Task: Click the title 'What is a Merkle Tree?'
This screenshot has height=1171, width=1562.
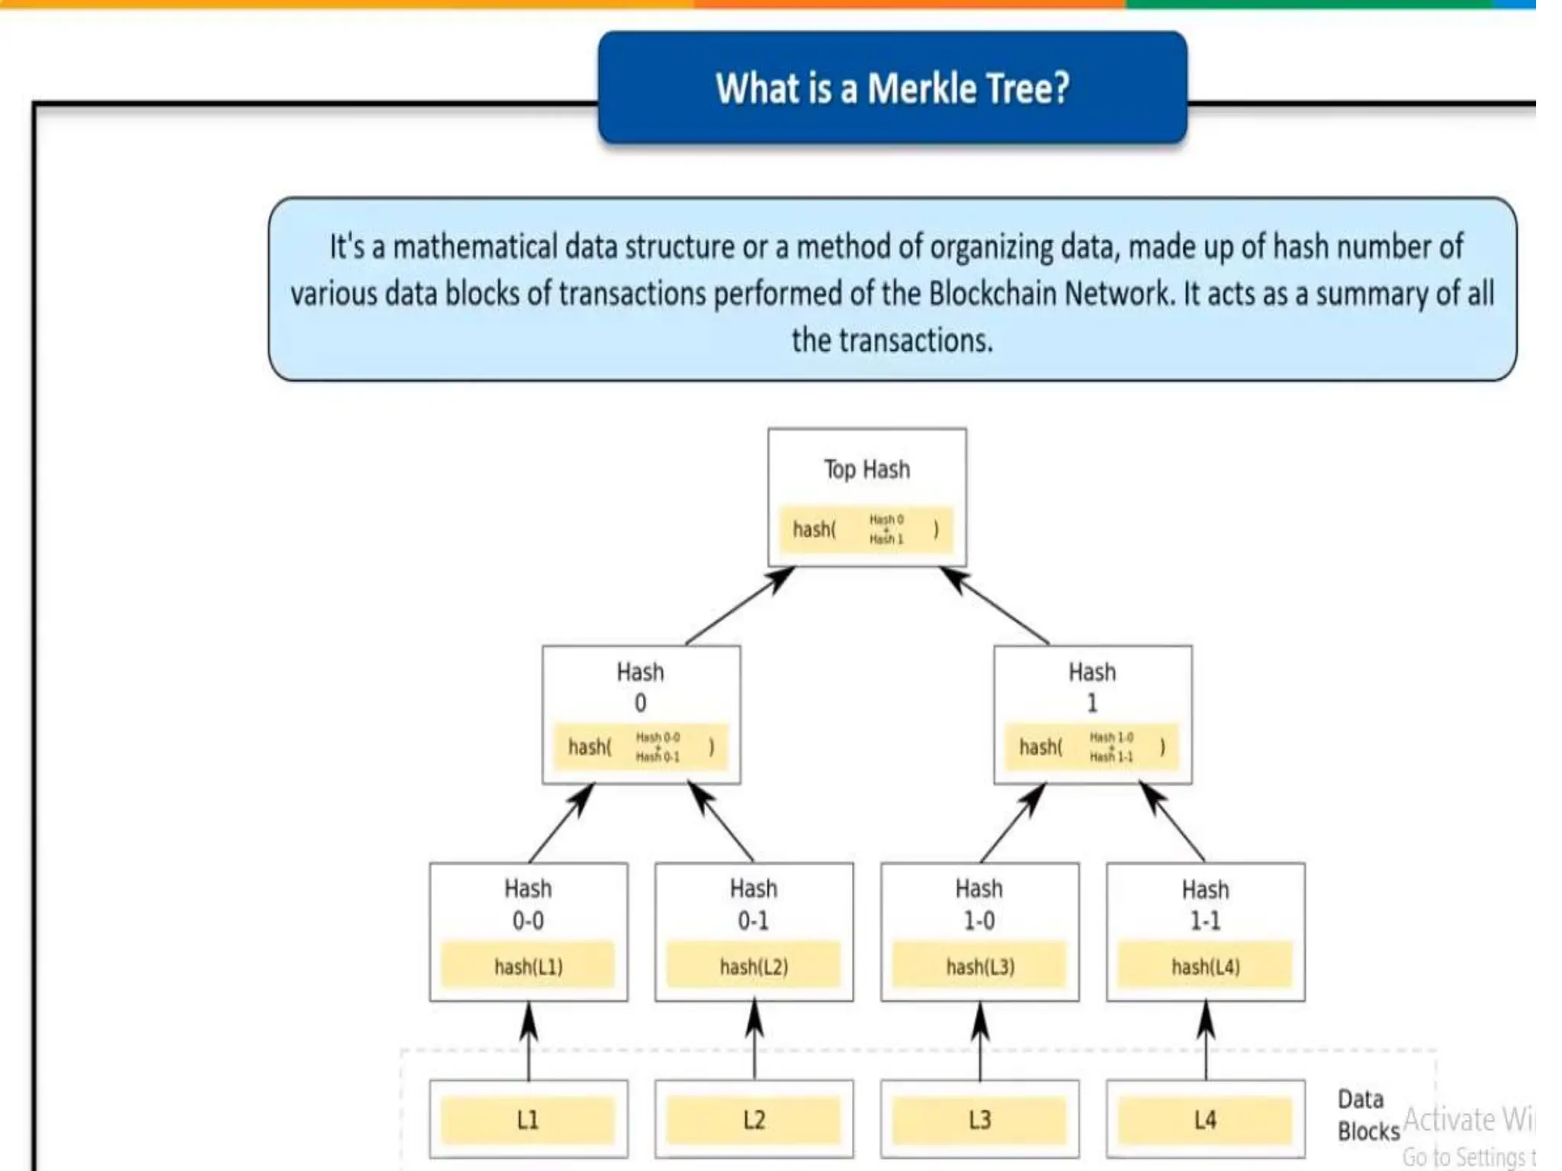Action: (892, 88)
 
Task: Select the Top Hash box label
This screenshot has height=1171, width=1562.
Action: (866, 469)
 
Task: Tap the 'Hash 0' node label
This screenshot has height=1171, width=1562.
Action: (640, 686)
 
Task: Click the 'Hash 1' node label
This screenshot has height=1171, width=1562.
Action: (1091, 686)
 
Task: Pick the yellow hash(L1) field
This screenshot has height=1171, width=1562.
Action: (528, 967)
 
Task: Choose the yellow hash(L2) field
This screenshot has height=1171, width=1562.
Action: (754, 967)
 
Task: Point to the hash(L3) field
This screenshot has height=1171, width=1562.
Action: (980, 967)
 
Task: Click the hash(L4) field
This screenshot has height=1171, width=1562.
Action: (1205, 967)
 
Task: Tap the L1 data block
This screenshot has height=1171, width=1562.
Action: (528, 1120)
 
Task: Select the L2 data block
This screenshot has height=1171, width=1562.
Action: (754, 1120)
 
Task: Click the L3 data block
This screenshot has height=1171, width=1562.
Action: (980, 1120)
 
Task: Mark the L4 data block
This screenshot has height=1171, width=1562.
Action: (1205, 1120)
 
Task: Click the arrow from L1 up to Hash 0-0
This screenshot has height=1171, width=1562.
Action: (529, 1041)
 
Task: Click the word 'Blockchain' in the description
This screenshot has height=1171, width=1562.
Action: (992, 294)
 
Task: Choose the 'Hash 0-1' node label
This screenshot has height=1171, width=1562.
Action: (754, 904)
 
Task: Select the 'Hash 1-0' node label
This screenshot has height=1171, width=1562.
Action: (979, 904)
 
